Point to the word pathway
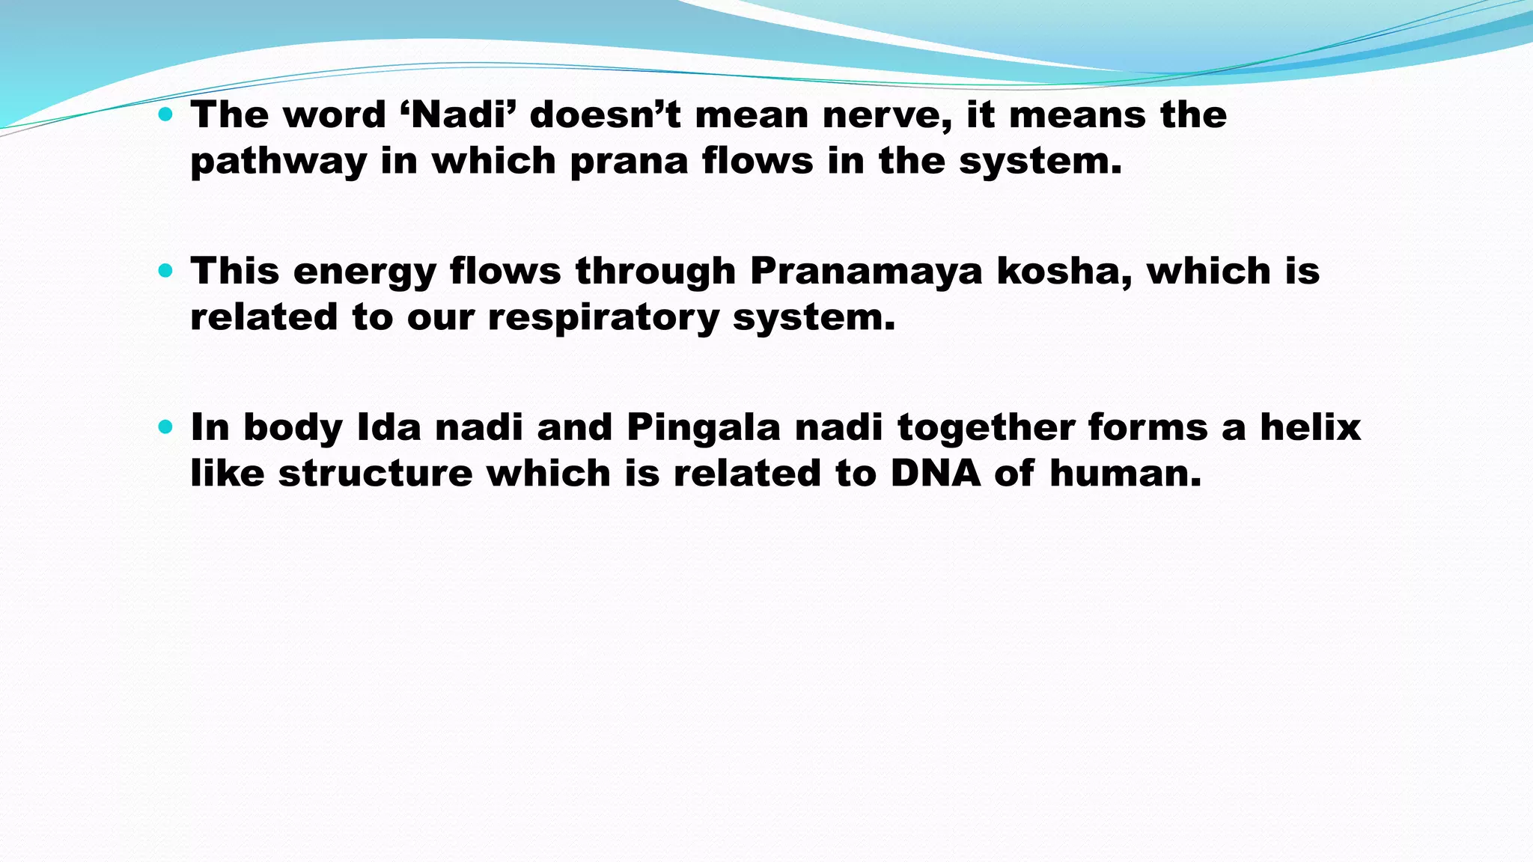[x=278, y=162]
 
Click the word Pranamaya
[x=865, y=271]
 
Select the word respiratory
[x=603, y=318]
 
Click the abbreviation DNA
[x=935, y=474]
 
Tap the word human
[x=1125, y=474]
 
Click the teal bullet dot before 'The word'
[x=165, y=115]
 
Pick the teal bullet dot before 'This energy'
[x=165, y=272]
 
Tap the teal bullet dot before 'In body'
[x=165, y=428]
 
